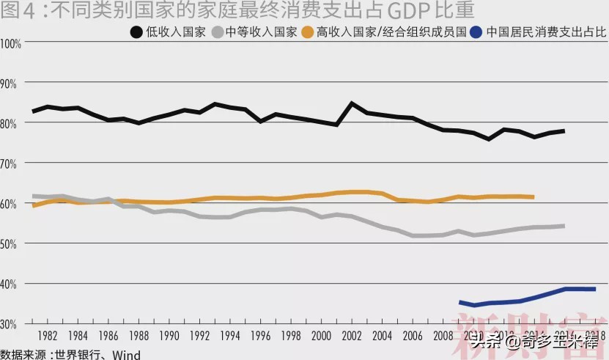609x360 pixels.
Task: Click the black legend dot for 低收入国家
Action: point(137,32)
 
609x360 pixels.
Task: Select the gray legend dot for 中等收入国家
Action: point(217,32)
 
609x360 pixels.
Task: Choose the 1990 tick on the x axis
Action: point(169,336)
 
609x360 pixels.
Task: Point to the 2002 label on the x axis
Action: point(351,336)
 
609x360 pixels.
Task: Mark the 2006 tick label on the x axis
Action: point(412,336)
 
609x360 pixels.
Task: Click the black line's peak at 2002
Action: point(352,103)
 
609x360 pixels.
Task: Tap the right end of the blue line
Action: point(594,289)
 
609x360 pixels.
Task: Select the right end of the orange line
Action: point(533,196)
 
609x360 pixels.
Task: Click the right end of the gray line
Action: point(564,226)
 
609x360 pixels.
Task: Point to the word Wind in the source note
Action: point(124,354)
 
